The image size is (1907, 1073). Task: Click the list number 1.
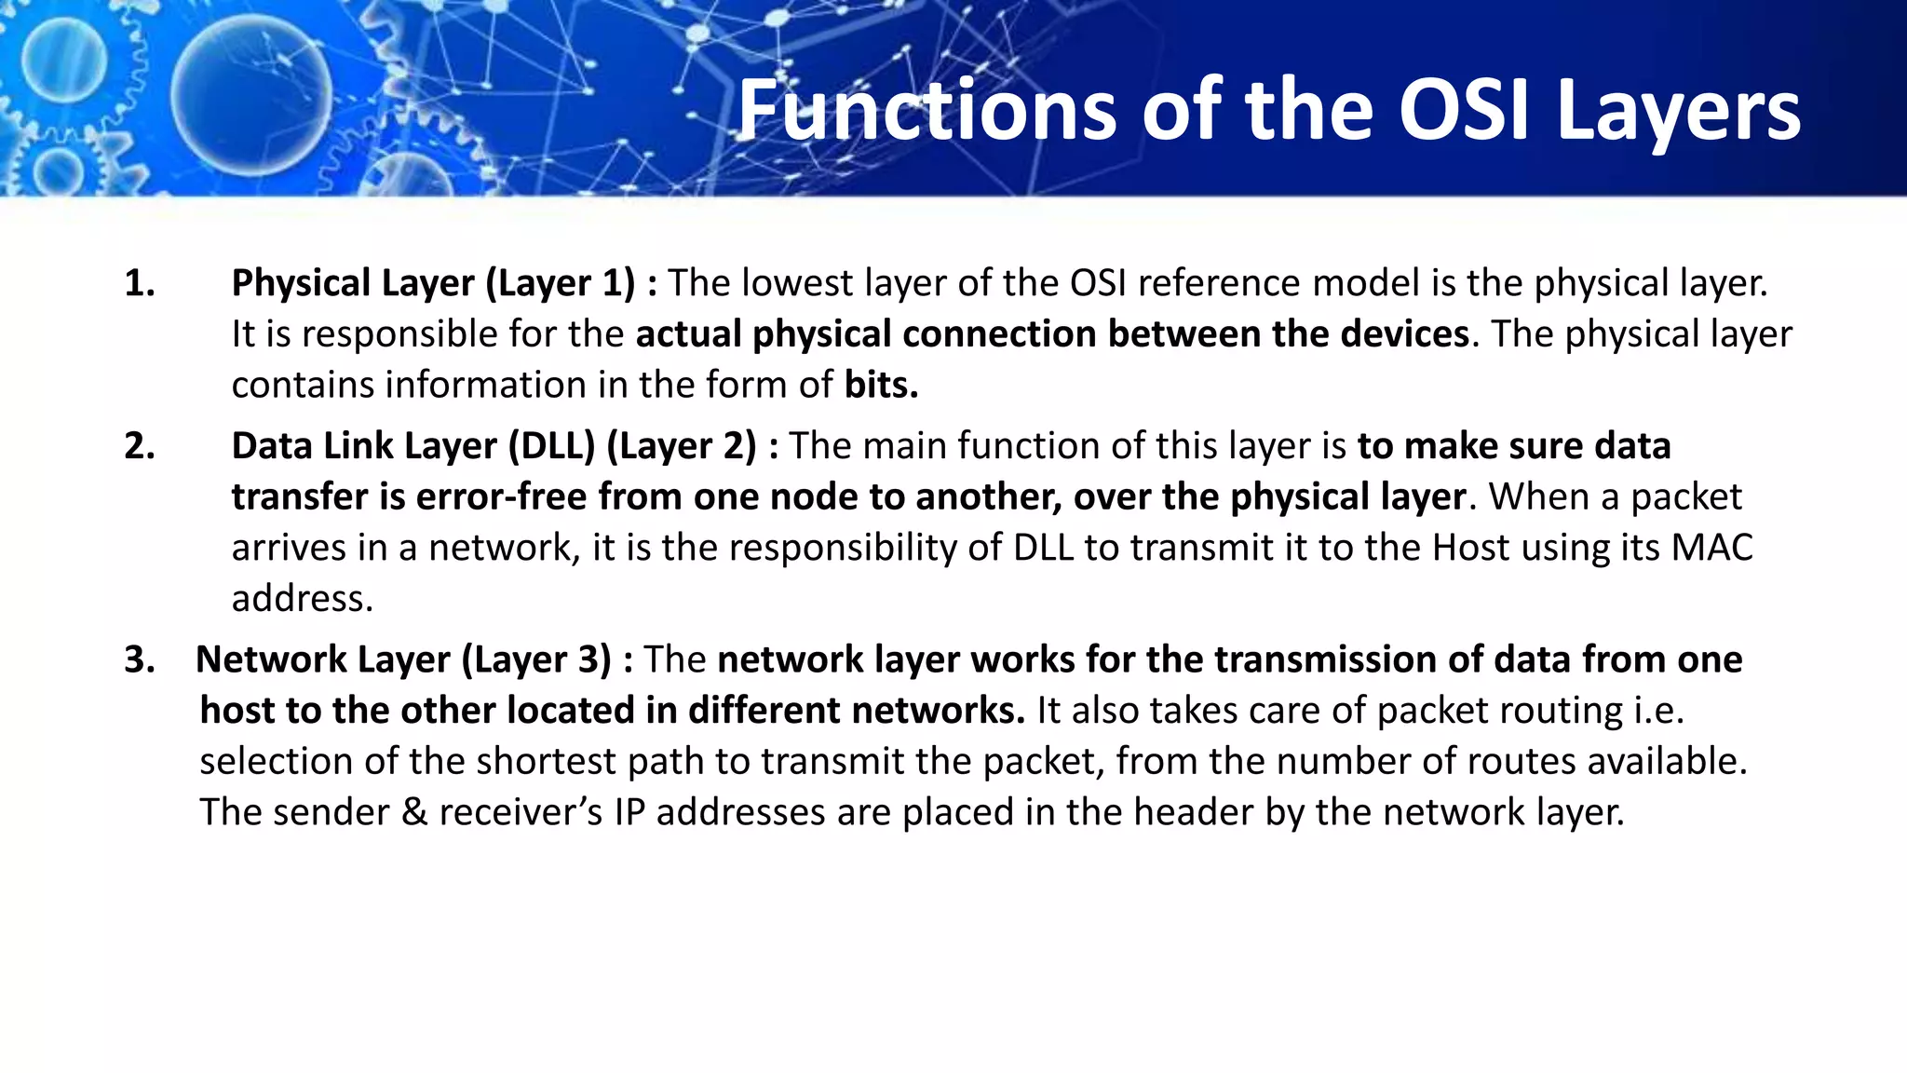point(140,283)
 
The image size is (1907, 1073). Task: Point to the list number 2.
point(140,446)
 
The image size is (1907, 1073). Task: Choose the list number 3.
point(140,659)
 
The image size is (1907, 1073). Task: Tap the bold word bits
point(881,385)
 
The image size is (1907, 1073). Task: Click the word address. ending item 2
point(302,599)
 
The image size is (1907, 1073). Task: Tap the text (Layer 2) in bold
point(682,446)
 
